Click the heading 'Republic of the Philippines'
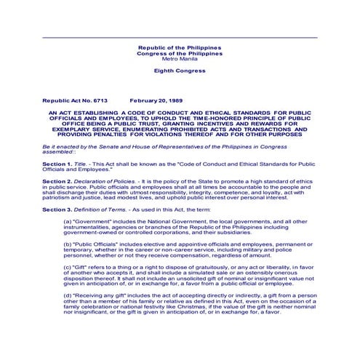(x=180, y=47)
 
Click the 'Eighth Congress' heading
(x=180, y=71)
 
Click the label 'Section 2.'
(x=57, y=180)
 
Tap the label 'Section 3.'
(x=57, y=209)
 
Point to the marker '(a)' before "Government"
(x=68, y=220)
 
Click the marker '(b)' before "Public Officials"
(x=68, y=244)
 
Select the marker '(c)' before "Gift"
(x=68, y=267)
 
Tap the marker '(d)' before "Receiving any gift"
(x=68, y=296)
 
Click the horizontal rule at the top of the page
(x=180, y=37)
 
